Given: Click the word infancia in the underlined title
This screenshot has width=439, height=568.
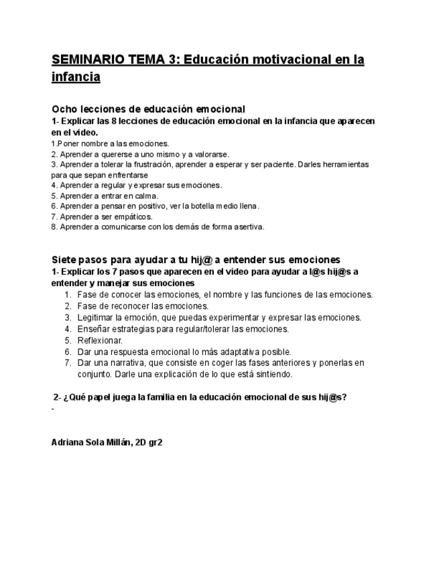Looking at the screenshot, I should pos(76,78).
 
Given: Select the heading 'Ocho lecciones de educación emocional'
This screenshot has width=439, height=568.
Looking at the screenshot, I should pos(148,109).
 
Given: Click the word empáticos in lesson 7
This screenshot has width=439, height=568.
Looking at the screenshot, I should pos(134,216).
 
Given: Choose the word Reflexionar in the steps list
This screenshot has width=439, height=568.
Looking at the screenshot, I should pos(100,340).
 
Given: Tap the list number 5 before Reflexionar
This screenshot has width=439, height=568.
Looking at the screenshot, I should pos(68,340).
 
